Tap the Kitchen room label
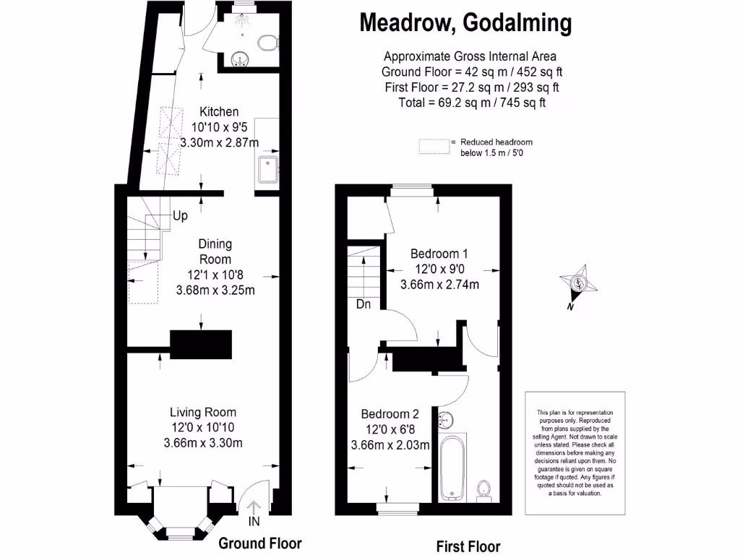point(219,112)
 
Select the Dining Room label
point(215,251)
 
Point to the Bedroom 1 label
point(439,254)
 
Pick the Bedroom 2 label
point(390,414)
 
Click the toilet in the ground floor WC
point(269,43)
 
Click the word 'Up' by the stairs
point(180,216)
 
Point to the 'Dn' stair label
point(363,305)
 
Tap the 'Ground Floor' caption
point(259,543)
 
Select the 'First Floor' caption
point(468,546)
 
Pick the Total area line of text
point(471,103)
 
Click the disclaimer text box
point(575,452)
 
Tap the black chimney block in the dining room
point(201,344)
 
